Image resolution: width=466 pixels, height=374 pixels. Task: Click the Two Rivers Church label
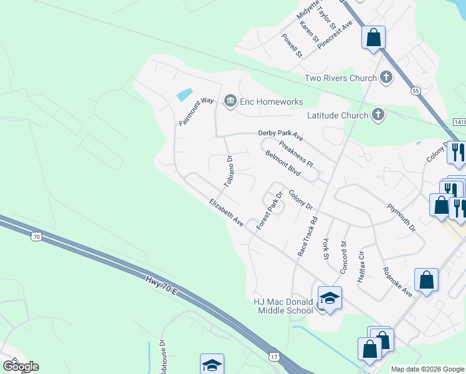click(x=340, y=78)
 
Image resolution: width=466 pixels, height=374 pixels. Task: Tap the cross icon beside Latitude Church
click(x=378, y=115)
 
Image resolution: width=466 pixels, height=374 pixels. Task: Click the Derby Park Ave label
click(x=280, y=135)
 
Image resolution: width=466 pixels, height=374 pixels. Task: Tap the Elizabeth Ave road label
click(x=226, y=212)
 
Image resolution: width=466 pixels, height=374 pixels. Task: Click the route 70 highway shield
click(x=37, y=236)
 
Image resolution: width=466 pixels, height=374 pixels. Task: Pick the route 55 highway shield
click(x=416, y=91)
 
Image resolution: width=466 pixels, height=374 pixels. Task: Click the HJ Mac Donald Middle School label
click(x=283, y=305)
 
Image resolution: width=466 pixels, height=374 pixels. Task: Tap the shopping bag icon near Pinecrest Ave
click(x=373, y=37)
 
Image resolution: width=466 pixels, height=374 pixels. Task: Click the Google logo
click(x=21, y=367)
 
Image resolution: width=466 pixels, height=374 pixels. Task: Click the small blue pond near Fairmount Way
click(x=184, y=95)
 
